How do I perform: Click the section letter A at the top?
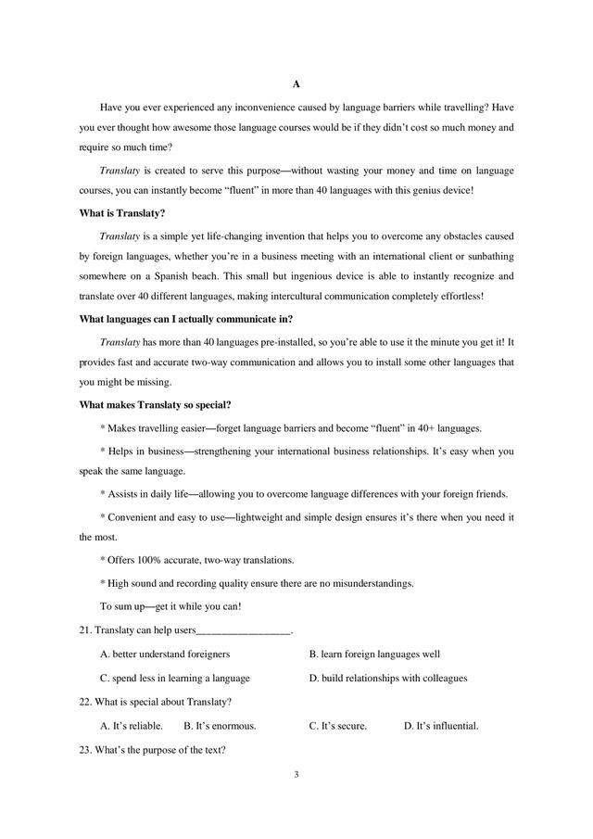pos(296,84)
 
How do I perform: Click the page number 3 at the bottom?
pos(296,773)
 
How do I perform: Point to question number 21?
pos(85,630)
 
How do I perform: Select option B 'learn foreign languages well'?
pos(374,654)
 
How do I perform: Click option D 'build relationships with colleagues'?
pos(387,678)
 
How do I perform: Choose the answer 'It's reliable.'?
pos(131,726)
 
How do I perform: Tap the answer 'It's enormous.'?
pos(220,726)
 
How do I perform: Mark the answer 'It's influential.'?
pos(441,726)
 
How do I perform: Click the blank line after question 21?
pos(244,632)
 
